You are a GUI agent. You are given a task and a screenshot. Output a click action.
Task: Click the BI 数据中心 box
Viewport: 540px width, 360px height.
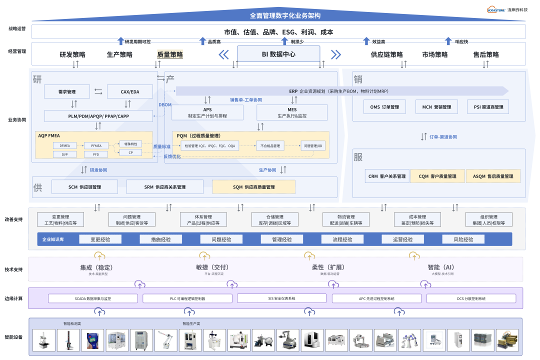(x=278, y=54)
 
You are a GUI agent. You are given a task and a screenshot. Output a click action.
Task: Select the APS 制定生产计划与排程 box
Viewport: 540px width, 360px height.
(x=207, y=112)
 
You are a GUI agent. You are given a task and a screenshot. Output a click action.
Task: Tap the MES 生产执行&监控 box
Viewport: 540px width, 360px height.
(x=292, y=112)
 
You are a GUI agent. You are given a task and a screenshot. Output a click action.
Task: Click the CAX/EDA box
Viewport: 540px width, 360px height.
(x=130, y=91)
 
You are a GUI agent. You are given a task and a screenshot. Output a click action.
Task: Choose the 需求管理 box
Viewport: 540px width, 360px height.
(x=67, y=91)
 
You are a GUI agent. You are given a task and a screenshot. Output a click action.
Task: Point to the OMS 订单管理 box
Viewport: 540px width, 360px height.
(x=384, y=107)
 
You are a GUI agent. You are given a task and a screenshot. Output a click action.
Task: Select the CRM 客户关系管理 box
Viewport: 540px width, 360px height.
(x=387, y=176)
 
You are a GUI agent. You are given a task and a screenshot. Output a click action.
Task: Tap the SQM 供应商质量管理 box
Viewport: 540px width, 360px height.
(x=253, y=187)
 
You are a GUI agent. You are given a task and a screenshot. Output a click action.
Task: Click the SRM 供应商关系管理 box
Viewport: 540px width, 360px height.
(x=165, y=187)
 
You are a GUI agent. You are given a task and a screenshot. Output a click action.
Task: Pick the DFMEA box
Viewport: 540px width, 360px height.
(x=64, y=145)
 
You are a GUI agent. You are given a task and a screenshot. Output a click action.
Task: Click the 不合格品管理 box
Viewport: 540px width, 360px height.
(x=270, y=145)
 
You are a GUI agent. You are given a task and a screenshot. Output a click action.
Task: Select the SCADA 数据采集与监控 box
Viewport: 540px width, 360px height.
(x=93, y=298)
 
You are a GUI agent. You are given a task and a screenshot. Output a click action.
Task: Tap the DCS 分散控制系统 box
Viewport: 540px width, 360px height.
(x=471, y=298)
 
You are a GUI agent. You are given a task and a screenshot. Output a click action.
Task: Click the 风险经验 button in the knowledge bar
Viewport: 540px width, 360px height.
(x=463, y=239)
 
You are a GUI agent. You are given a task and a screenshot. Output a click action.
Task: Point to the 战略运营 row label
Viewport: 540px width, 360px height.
(x=17, y=28)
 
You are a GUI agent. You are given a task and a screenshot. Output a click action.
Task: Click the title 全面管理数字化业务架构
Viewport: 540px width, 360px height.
(x=278, y=15)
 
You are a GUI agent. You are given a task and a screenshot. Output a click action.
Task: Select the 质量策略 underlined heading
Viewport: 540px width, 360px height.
(x=170, y=55)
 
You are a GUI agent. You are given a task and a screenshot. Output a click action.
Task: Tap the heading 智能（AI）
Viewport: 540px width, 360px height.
(x=440, y=267)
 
